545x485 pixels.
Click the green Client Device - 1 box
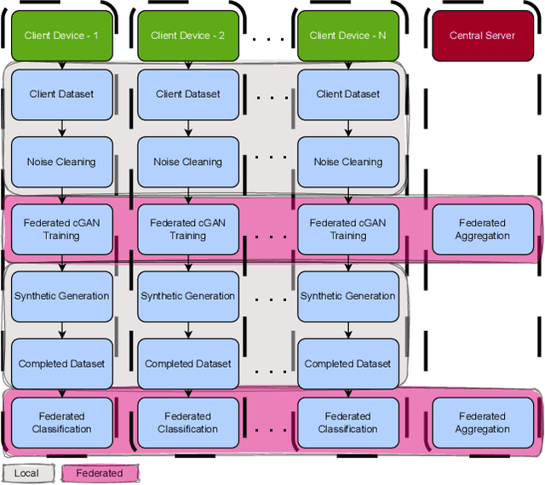pyautogui.click(x=61, y=36)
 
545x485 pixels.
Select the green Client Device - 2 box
pyautogui.click(x=187, y=36)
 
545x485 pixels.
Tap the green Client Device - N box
pyautogui.click(x=347, y=36)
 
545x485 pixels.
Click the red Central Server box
pyautogui.click(x=482, y=36)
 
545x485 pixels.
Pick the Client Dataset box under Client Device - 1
pyautogui.click(x=61, y=94)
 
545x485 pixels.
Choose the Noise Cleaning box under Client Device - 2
pyautogui.click(x=187, y=162)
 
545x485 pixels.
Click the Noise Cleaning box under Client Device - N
pyautogui.click(x=347, y=162)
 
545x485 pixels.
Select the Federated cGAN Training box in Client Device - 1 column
pyautogui.click(x=61, y=229)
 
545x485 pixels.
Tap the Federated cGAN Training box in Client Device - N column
pyautogui.click(x=347, y=229)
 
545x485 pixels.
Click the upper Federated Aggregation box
pyautogui.click(x=482, y=229)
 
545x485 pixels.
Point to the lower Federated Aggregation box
pyautogui.click(x=482, y=423)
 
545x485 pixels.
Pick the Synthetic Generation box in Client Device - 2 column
pyautogui.click(x=187, y=296)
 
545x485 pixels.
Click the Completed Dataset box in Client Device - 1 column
pyautogui.click(x=61, y=363)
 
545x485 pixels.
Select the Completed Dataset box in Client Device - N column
pyautogui.click(x=347, y=363)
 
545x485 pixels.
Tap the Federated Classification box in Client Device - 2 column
pyautogui.click(x=187, y=423)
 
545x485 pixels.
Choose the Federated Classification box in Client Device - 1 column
pyautogui.click(x=61, y=423)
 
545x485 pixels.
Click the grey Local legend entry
pyautogui.click(x=27, y=473)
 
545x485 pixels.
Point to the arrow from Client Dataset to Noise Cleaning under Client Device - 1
pyautogui.click(x=61, y=128)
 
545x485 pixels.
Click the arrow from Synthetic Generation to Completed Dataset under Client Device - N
pyautogui.click(x=347, y=329)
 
